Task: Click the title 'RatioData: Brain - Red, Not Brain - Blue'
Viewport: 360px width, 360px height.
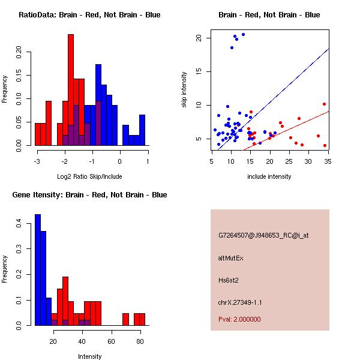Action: coord(89,15)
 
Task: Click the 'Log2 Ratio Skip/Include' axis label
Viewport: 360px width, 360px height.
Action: coord(89,176)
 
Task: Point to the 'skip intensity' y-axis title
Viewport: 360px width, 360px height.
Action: coord(184,90)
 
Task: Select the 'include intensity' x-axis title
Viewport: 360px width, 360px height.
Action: coord(269,176)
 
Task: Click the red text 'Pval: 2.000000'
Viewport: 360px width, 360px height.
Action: coord(239,319)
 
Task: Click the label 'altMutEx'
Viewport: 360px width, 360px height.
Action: coord(231,258)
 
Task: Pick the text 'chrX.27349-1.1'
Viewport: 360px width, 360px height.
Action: coord(240,302)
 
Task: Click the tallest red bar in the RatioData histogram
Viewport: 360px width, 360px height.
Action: coord(71,90)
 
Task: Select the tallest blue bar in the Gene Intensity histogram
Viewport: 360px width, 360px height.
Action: coord(37,270)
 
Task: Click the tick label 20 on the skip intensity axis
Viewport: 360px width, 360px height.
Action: coord(205,38)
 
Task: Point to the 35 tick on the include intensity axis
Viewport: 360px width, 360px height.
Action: coord(328,161)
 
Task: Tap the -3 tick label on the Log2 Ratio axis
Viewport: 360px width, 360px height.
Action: coord(37,161)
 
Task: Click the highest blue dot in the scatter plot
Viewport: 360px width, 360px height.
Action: coord(243,34)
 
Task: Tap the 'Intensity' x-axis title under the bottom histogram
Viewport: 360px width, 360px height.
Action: coord(89,356)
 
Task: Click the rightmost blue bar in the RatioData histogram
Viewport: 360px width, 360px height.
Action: coord(142,130)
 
